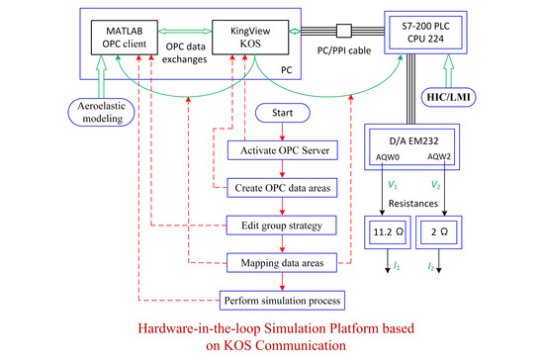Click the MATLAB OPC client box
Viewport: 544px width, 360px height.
137,42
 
